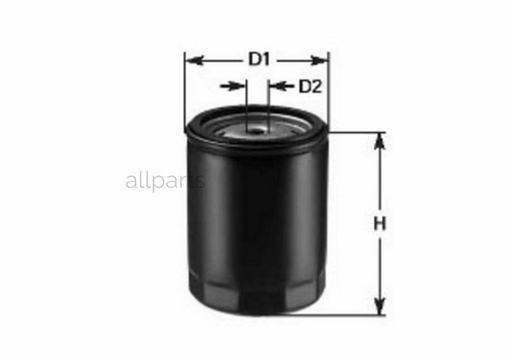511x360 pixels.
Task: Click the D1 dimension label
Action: (x=258, y=59)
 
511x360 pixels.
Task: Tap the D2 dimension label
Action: (x=310, y=86)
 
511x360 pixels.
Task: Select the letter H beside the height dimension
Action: (x=380, y=224)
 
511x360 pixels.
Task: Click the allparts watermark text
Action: (x=165, y=181)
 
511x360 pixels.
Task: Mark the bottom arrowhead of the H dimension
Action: (x=380, y=307)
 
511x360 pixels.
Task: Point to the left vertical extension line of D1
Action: (x=185, y=91)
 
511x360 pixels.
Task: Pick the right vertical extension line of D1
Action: (x=329, y=91)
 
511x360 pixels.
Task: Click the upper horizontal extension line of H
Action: (x=358, y=132)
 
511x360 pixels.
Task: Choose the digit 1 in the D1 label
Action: (x=265, y=59)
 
